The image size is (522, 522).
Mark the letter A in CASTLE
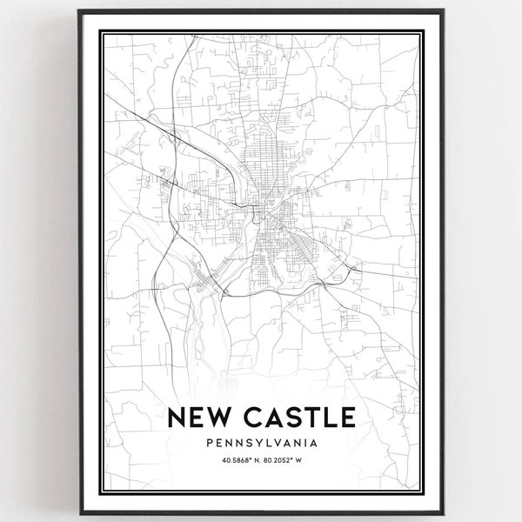coord(270,418)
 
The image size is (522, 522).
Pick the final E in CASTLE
coord(344,418)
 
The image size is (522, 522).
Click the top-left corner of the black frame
coord(78,10)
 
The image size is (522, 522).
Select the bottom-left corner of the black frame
coord(78,513)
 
